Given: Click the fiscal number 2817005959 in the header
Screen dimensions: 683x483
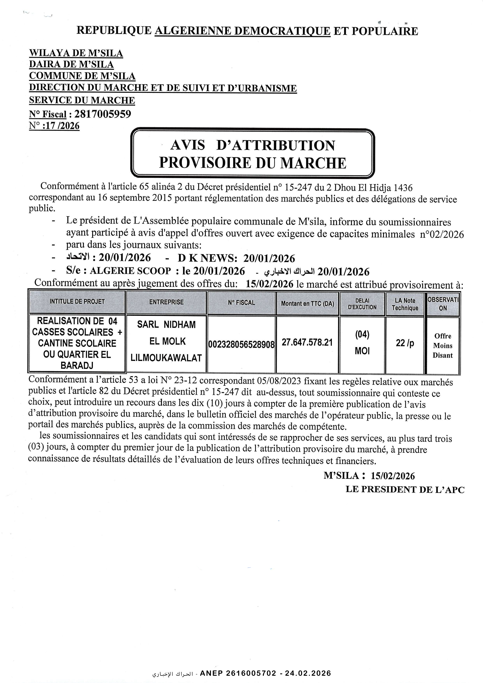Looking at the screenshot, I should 102,114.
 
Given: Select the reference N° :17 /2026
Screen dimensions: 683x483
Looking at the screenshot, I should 54,126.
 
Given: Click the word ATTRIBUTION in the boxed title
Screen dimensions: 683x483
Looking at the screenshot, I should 276,145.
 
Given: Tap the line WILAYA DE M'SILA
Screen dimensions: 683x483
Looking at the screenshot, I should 76,53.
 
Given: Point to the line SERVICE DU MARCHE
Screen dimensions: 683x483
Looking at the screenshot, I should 82,100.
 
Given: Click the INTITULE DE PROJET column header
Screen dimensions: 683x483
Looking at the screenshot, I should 77,302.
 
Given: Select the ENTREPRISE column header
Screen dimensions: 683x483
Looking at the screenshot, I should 166,302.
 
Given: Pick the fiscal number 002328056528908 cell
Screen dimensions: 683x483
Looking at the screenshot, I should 241,345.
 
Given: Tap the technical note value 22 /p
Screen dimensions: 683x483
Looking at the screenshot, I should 405,343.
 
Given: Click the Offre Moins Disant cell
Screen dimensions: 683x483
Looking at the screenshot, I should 442,346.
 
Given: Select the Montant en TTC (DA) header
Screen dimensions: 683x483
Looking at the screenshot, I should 307,304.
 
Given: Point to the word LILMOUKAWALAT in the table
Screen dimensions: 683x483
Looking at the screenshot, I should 166,358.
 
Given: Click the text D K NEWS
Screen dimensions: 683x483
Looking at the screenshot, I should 207,258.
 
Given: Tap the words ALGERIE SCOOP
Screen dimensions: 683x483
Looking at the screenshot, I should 130,271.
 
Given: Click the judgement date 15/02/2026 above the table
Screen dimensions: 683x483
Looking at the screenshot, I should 269,284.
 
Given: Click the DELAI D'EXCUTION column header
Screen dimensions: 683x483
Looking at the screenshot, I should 362,304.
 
